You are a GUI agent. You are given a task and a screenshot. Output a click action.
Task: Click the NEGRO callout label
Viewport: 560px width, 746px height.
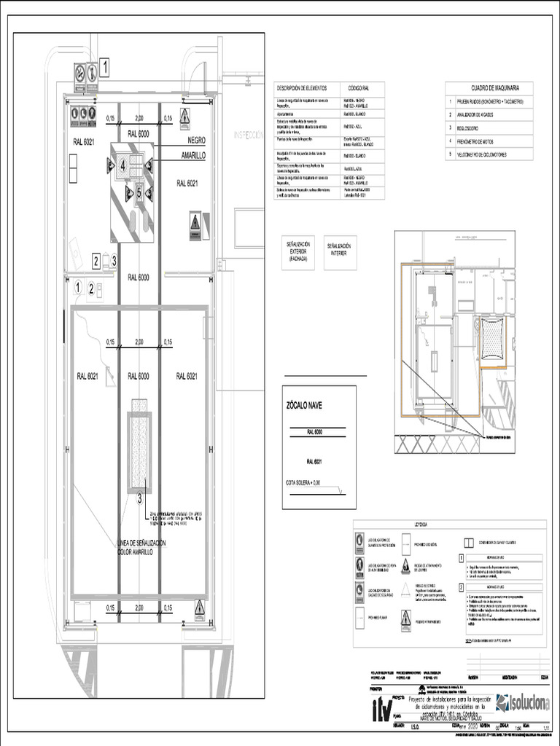coord(196,140)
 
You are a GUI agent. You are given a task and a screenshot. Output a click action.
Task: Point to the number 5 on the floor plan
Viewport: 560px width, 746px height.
coord(139,192)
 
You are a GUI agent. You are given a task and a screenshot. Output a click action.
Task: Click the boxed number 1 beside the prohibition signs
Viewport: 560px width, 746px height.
coord(106,69)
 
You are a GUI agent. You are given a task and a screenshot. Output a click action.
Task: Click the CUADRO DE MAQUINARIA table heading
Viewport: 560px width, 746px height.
coord(489,87)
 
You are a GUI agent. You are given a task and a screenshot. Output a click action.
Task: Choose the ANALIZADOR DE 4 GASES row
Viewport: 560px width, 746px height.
coord(481,114)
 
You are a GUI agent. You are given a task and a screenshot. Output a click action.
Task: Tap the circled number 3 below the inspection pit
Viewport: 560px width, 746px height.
coord(139,498)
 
